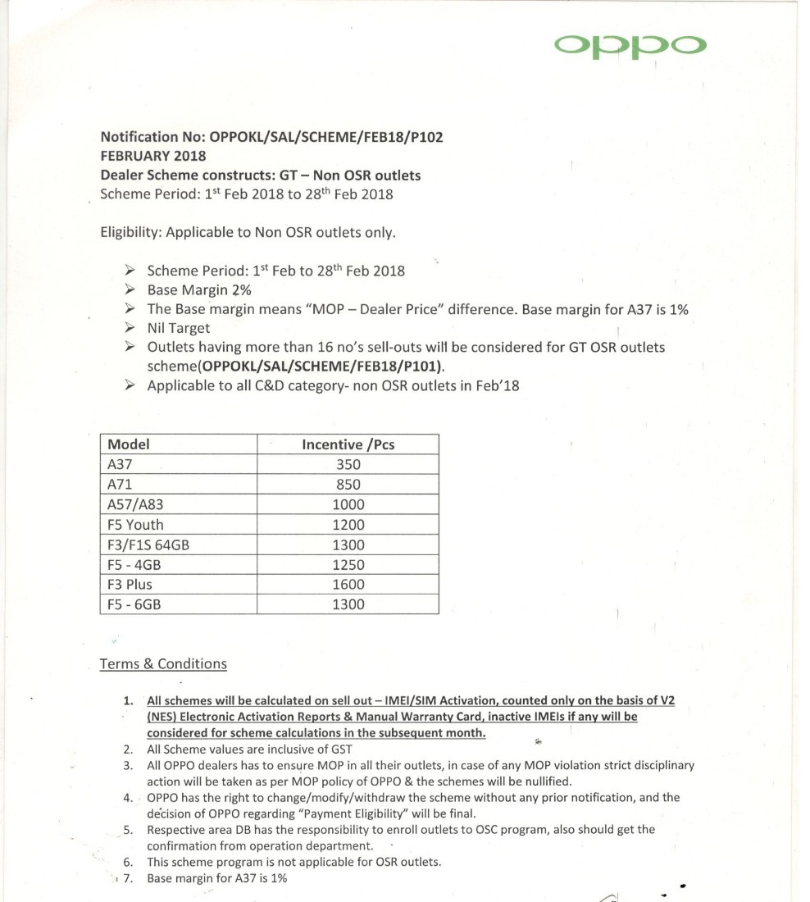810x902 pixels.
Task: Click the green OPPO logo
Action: pyautogui.click(x=629, y=45)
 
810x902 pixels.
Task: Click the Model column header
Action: pyautogui.click(x=129, y=444)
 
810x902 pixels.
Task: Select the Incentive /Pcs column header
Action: pyautogui.click(x=348, y=444)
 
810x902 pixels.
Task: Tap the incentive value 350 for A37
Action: pyautogui.click(x=348, y=465)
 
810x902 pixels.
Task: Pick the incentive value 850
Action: pyautogui.click(x=348, y=485)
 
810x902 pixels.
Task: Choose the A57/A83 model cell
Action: pyautogui.click(x=134, y=505)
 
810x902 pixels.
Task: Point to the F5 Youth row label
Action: pyautogui.click(x=135, y=525)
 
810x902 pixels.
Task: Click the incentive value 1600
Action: pyautogui.click(x=348, y=585)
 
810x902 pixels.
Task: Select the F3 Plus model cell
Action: pyautogui.click(x=130, y=585)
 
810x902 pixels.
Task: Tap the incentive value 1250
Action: pyautogui.click(x=348, y=565)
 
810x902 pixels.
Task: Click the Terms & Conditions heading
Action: pyautogui.click(x=162, y=664)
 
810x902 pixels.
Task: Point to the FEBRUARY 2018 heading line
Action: pyautogui.click(x=153, y=156)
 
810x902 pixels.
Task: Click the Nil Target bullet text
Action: pyautogui.click(x=178, y=329)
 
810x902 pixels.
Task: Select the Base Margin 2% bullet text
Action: pyautogui.click(x=198, y=290)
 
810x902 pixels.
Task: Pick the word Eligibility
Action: pyautogui.click(x=130, y=232)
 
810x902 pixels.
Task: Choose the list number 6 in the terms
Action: pyautogui.click(x=128, y=862)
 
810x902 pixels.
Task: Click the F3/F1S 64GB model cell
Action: pyautogui.click(x=148, y=544)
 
